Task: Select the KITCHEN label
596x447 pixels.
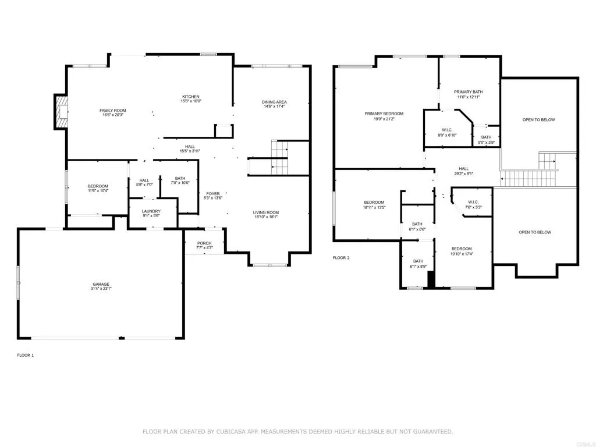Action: point(191,97)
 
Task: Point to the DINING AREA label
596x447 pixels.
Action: point(274,102)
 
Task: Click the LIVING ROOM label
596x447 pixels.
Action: point(265,212)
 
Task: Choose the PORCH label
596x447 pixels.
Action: point(204,243)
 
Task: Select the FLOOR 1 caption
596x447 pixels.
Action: point(26,355)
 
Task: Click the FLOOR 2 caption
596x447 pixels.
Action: point(341,257)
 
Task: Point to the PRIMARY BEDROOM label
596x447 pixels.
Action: point(384,114)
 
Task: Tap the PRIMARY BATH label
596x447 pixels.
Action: point(469,92)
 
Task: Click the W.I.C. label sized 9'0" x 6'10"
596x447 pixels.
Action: point(448,130)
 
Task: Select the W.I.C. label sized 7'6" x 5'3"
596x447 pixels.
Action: point(472,202)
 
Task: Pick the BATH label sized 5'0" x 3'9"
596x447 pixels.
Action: point(486,137)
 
